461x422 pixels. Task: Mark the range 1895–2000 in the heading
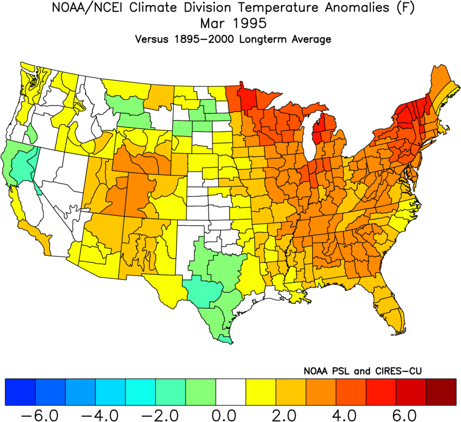click(x=211, y=39)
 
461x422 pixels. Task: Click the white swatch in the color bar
click(x=231, y=392)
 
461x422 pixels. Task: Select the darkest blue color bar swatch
click(x=20, y=392)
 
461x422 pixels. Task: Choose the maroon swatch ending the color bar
click(x=441, y=392)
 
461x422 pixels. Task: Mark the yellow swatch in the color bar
click(x=260, y=392)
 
